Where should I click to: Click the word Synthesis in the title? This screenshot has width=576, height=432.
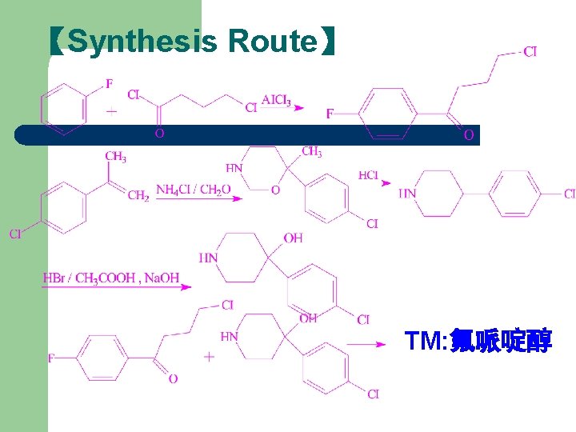point(142,41)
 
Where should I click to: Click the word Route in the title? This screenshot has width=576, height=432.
point(272,41)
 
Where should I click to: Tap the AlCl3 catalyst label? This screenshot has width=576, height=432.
point(276,101)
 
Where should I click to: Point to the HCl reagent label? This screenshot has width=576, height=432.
point(369,175)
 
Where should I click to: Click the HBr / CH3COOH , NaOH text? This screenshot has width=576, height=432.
point(111,278)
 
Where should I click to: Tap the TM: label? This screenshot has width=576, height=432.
point(426,342)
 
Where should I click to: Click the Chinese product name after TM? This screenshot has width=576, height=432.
point(501,342)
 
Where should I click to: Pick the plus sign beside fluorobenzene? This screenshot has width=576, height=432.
point(111,110)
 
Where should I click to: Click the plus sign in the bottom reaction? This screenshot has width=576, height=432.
point(209,357)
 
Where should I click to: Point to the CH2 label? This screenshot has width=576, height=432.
point(138,194)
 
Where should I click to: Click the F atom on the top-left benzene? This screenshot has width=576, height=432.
point(109,83)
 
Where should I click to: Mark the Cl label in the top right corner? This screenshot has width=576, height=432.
point(530,52)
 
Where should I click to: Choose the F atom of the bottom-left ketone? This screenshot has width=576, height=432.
point(52,358)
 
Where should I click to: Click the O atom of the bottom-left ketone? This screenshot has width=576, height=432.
point(173,378)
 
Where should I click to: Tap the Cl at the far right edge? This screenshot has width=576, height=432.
point(569,194)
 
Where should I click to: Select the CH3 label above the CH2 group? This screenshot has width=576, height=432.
point(116,157)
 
